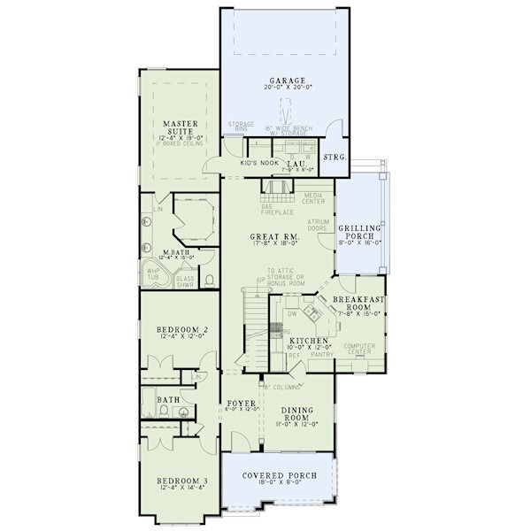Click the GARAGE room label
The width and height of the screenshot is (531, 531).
pyautogui.click(x=282, y=80)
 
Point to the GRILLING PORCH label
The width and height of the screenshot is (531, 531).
pyautogui.click(x=359, y=233)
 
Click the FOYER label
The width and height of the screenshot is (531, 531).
pyautogui.click(x=233, y=402)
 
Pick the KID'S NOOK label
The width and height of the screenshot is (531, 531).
pyautogui.click(x=259, y=164)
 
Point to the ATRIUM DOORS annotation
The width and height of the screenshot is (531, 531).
pyautogui.click(x=319, y=225)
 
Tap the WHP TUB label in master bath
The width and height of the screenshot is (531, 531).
pyautogui.click(x=153, y=274)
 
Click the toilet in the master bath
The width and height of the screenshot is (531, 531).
pyautogui.click(x=209, y=280)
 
